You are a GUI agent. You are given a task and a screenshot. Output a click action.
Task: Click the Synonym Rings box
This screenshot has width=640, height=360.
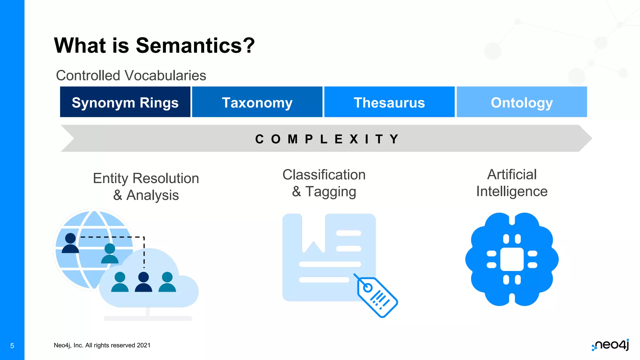[125, 102]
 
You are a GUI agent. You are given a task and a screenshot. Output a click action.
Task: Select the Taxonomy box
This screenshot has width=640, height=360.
[257, 102]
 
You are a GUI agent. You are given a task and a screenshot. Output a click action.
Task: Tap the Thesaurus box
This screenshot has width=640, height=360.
[389, 102]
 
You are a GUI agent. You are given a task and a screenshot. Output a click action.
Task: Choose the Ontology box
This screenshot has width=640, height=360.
[522, 102]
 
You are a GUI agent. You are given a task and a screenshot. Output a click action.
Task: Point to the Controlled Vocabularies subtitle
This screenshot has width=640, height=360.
[131, 75]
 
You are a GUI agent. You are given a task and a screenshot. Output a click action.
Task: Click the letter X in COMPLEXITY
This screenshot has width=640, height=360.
[354, 139]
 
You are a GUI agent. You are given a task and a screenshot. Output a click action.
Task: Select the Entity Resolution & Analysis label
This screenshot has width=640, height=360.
[146, 187]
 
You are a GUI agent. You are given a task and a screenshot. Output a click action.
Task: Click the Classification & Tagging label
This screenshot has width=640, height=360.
[324, 183]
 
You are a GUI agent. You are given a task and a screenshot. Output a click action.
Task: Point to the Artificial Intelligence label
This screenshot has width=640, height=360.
[512, 183]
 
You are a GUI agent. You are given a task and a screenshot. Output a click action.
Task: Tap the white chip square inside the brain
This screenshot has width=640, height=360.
[512, 259]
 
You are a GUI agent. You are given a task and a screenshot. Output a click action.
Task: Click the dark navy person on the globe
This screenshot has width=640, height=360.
[70, 243]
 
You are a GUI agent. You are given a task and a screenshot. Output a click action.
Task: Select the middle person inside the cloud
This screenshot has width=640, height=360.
[143, 282]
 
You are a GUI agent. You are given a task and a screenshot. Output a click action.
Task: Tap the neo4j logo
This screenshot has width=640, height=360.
[610, 345]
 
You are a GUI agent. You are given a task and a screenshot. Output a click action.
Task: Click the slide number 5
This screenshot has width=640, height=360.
[12, 346]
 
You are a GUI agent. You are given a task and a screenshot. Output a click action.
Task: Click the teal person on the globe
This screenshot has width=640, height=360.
[110, 253]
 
